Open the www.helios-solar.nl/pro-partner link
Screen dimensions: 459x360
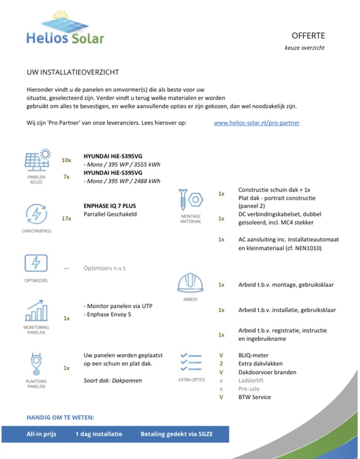(x=256, y=123)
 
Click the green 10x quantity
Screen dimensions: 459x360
(x=66, y=160)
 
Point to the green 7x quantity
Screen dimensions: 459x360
(x=66, y=177)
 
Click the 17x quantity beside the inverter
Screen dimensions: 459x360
(x=66, y=219)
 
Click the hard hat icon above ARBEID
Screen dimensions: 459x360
(x=190, y=283)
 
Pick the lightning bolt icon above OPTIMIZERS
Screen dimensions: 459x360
(x=37, y=264)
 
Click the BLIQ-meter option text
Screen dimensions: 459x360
(x=253, y=356)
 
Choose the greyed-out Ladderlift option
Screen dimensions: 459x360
(x=252, y=380)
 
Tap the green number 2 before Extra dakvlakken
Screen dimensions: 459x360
(x=221, y=364)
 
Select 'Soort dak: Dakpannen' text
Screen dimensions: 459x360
(x=113, y=380)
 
